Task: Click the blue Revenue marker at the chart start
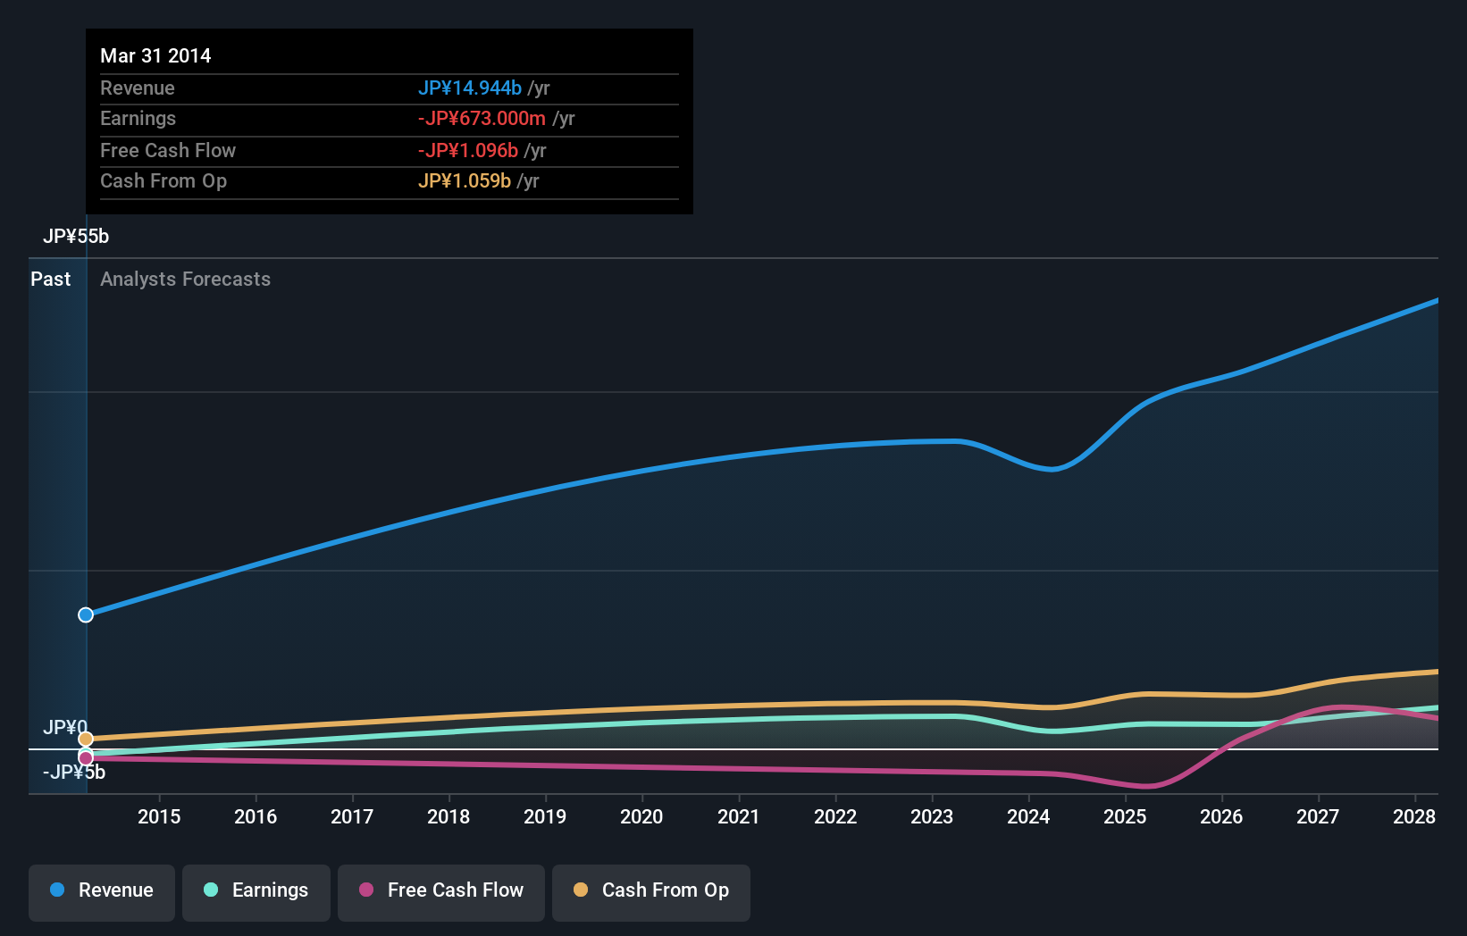click(x=86, y=614)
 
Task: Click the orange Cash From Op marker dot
click(x=86, y=739)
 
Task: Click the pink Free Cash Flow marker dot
click(x=86, y=758)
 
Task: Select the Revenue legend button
click(x=102, y=891)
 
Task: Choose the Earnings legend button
click(x=256, y=891)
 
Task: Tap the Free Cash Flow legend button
click(x=441, y=891)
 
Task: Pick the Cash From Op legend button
click(x=651, y=891)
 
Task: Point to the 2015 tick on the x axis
click(x=159, y=816)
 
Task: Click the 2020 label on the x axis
click(x=641, y=816)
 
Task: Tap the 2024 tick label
click(x=1028, y=816)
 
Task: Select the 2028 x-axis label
click(x=1414, y=816)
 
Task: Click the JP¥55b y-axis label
click(x=76, y=237)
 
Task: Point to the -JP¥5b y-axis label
click(x=74, y=773)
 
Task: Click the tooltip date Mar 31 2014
click(x=155, y=55)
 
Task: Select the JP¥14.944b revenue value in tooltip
click(x=470, y=88)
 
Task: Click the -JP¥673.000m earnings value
click(x=482, y=119)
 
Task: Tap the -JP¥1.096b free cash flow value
click(x=468, y=150)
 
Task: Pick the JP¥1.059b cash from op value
click(x=465, y=181)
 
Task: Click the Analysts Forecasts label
click(x=185, y=279)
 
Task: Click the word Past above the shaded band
click(x=50, y=279)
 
